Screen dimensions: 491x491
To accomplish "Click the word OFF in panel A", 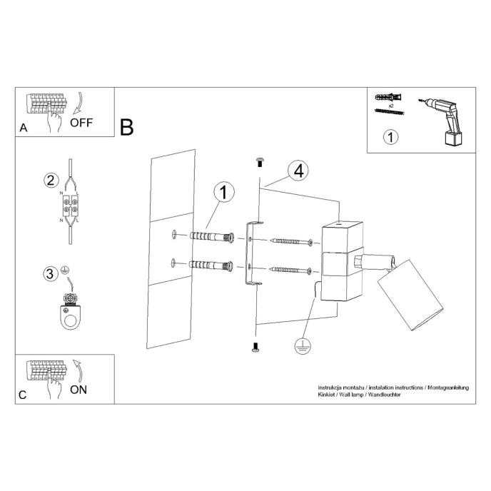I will tap(82, 121).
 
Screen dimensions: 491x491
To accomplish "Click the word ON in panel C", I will tap(79, 389).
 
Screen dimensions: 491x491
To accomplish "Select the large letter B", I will tap(127, 128).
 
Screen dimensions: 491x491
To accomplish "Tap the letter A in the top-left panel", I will tap(24, 129).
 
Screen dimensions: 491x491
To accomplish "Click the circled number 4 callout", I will tap(298, 171).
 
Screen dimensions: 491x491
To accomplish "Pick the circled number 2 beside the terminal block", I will tap(50, 180).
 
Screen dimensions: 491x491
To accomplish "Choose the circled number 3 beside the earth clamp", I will tap(50, 273).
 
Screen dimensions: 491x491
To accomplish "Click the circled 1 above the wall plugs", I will tap(224, 192).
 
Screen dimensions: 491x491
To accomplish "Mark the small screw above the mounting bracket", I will tap(259, 162).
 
